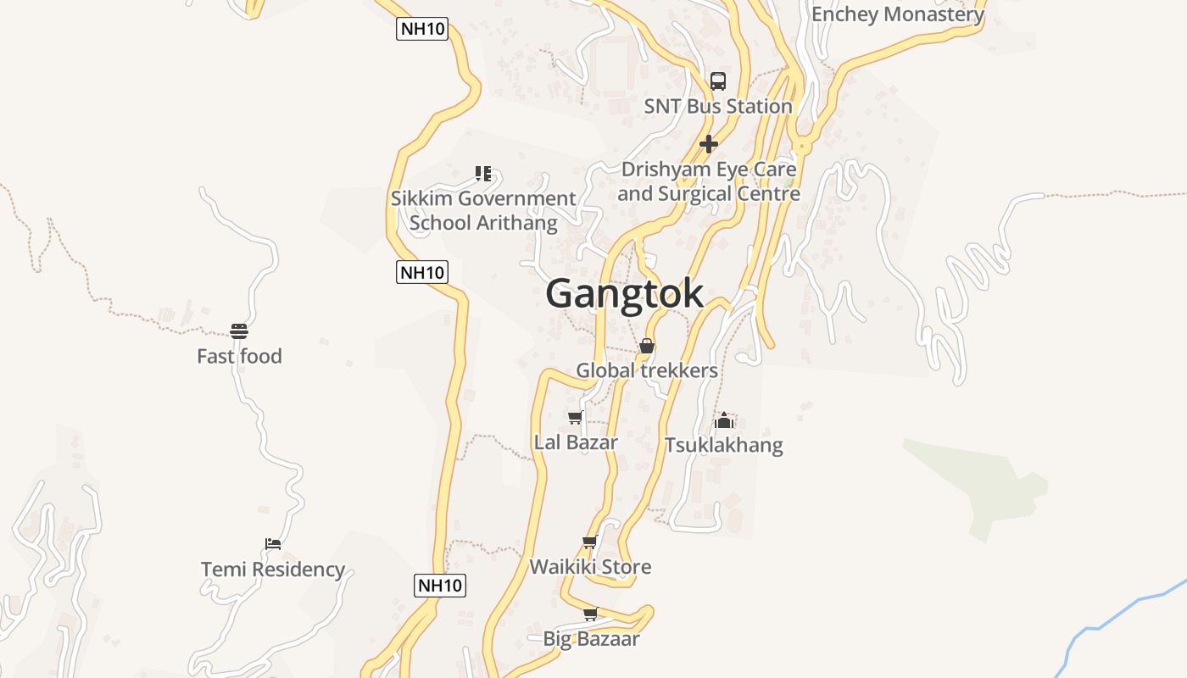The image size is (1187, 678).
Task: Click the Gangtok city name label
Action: pyautogui.click(x=624, y=293)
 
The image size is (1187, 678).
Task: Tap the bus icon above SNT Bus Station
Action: pyautogui.click(x=718, y=81)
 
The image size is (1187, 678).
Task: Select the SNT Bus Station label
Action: pyautogui.click(x=718, y=106)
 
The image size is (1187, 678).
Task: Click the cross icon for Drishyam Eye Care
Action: pyautogui.click(x=709, y=144)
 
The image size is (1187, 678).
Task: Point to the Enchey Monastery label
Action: pyautogui.click(x=898, y=14)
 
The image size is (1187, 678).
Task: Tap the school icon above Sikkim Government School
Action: pyautogui.click(x=483, y=174)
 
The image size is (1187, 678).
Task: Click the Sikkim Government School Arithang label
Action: pyautogui.click(x=483, y=210)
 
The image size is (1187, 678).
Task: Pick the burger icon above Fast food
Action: pyautogui.click(x=239, y=331)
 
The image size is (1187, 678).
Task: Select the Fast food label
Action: pyautogui.click(x=239, y=356)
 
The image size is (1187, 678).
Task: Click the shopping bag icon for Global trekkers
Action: pyautogui.click(x=647, y=346)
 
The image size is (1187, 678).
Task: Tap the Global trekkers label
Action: pyautogui.click(x=647, y=370)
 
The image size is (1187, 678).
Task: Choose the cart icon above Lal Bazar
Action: pyautogui.click(x=576, y=417)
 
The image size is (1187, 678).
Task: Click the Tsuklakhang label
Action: pyautogui.click(x=724, y=445)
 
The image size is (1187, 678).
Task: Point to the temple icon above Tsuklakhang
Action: pyautogui.click(x=724, y=420)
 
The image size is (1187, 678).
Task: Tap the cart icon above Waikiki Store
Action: pyautogui.click(x=590, y=542)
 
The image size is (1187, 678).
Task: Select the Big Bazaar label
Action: pyautogui.click(x=591, y=639)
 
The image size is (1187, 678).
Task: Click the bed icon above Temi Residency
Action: pyautogui.click(x=272, y=543)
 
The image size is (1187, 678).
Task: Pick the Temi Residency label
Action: pyautogui.click(x=273, y=569)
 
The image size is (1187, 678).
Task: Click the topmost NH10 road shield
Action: pyautogui.click(x=422, y=30)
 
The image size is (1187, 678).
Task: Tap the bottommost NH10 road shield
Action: pyautogui.click(x=440, y=585)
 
